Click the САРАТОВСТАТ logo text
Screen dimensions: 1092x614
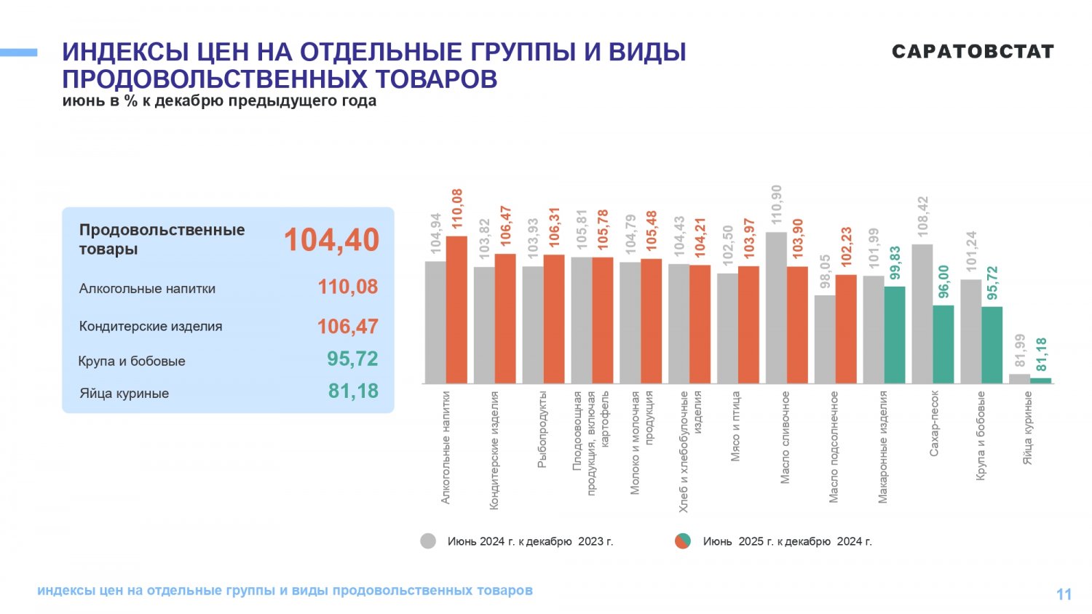point(973,52)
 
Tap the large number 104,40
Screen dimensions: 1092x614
point(331,240)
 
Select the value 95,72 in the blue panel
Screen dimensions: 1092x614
point(352,359)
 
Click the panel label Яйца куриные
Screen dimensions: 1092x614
point(124,394)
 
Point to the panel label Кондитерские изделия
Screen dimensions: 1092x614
point(151,326)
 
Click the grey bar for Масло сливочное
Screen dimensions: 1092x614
point(776,308)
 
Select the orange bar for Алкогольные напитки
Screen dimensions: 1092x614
point(456,310)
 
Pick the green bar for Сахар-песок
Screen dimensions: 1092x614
point(943,345)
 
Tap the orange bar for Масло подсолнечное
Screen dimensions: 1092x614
point(846,330)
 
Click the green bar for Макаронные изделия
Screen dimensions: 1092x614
point(895,335)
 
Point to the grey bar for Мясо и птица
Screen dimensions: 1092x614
point(727,328)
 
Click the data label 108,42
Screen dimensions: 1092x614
point(922,217)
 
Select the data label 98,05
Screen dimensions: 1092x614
point(825,271)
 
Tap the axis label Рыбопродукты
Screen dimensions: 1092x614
point(542,429)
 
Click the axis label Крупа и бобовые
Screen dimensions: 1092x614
point(981,436)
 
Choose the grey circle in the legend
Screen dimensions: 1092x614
point(428,541)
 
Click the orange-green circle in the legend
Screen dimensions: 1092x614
point(683,541)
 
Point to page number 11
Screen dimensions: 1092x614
point(1064,594)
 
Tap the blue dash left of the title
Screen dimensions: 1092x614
point(18,52)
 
